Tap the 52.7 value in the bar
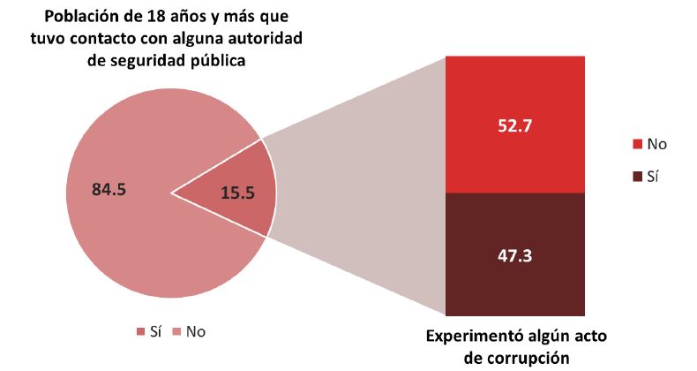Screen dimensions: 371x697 (x=515, y=125)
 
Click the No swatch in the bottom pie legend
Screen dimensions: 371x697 (x=176, y=332)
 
